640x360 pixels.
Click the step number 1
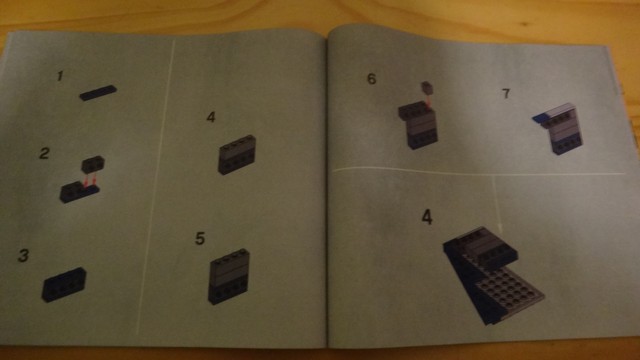pos(60,76)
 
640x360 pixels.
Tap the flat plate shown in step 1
pos(98,93)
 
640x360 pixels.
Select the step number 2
pos(44,153)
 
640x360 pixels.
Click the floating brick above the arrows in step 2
pos(93,164)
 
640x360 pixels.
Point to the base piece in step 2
pos(79,193)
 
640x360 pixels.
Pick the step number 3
pos(24,256)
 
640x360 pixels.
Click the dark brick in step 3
pos(64,284)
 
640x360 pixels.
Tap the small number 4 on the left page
pos(211,118)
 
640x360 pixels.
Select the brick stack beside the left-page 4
pos(237,155)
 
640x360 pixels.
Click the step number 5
pos(200,238)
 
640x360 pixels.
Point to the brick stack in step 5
pos(229,276)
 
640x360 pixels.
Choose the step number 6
pos(371,79)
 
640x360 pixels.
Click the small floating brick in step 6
pos(427,87)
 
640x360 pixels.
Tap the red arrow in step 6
pos(429,101)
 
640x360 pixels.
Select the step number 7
pos(506,93)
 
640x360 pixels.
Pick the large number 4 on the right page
pos(427,217)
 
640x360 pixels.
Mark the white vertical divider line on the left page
pos(156,186)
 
